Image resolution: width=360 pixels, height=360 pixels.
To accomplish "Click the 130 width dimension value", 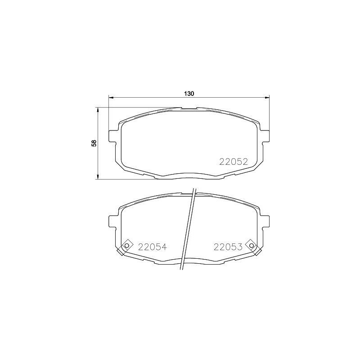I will pyautogui.click(x=189, y=94).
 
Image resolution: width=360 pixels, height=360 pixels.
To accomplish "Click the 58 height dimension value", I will pyautogui.click(x=94, y=143).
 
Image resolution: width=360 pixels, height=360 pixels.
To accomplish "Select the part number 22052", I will pyautogui.click(x=234, y=162).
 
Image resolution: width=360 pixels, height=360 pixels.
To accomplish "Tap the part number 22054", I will pyautogui.click(x=153, y=247).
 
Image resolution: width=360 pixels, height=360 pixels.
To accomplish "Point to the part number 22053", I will pyautogui.click(x=228, y=247).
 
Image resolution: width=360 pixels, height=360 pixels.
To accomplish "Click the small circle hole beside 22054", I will pyautogui.click(x=126, y=245).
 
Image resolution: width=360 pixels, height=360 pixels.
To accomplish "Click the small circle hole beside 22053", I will pyautogui.click(x=252, y=245).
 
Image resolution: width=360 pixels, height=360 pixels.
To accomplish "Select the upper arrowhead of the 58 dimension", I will pyautogui.click(x=98, y=109).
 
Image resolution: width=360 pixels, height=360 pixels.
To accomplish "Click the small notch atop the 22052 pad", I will pyautogui.click(x=189, y=108).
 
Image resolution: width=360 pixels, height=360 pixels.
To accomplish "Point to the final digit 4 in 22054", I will pyautogui.click(x=164, y=247).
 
